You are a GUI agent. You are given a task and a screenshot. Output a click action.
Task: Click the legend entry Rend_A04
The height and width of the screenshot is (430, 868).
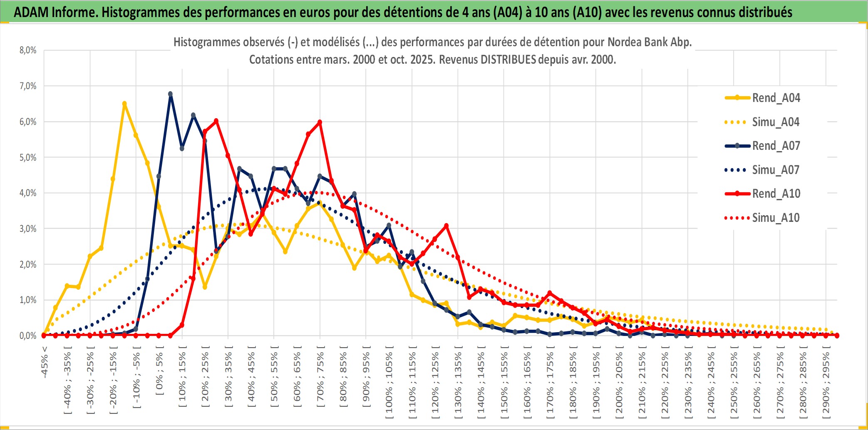(x=776, y=98)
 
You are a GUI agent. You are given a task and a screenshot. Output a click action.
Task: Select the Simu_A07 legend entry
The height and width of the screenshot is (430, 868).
(x=776, y=170)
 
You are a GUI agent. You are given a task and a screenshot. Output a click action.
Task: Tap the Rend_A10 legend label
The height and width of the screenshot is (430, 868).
(x=776, y=194)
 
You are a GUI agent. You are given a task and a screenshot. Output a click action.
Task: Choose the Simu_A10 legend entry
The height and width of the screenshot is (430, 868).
(x=776, y=218)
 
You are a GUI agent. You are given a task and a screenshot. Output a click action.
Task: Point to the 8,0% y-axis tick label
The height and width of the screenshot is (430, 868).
(x=28, y=50)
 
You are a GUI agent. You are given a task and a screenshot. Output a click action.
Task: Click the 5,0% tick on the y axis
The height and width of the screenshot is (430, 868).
(x=28, y=157)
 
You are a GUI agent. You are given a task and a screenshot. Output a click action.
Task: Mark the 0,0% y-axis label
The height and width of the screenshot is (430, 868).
(x=28, y=336)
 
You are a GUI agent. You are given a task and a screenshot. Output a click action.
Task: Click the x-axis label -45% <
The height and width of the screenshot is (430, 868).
(x=45, y=362)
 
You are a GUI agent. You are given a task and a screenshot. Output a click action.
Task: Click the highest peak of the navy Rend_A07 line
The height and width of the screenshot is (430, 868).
(x=170, y=94)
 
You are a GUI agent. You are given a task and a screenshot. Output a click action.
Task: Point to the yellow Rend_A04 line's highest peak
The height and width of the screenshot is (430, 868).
(x=124, y=104)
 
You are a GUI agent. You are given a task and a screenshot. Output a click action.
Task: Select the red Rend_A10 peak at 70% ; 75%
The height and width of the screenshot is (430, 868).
(x=320, y=122)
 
